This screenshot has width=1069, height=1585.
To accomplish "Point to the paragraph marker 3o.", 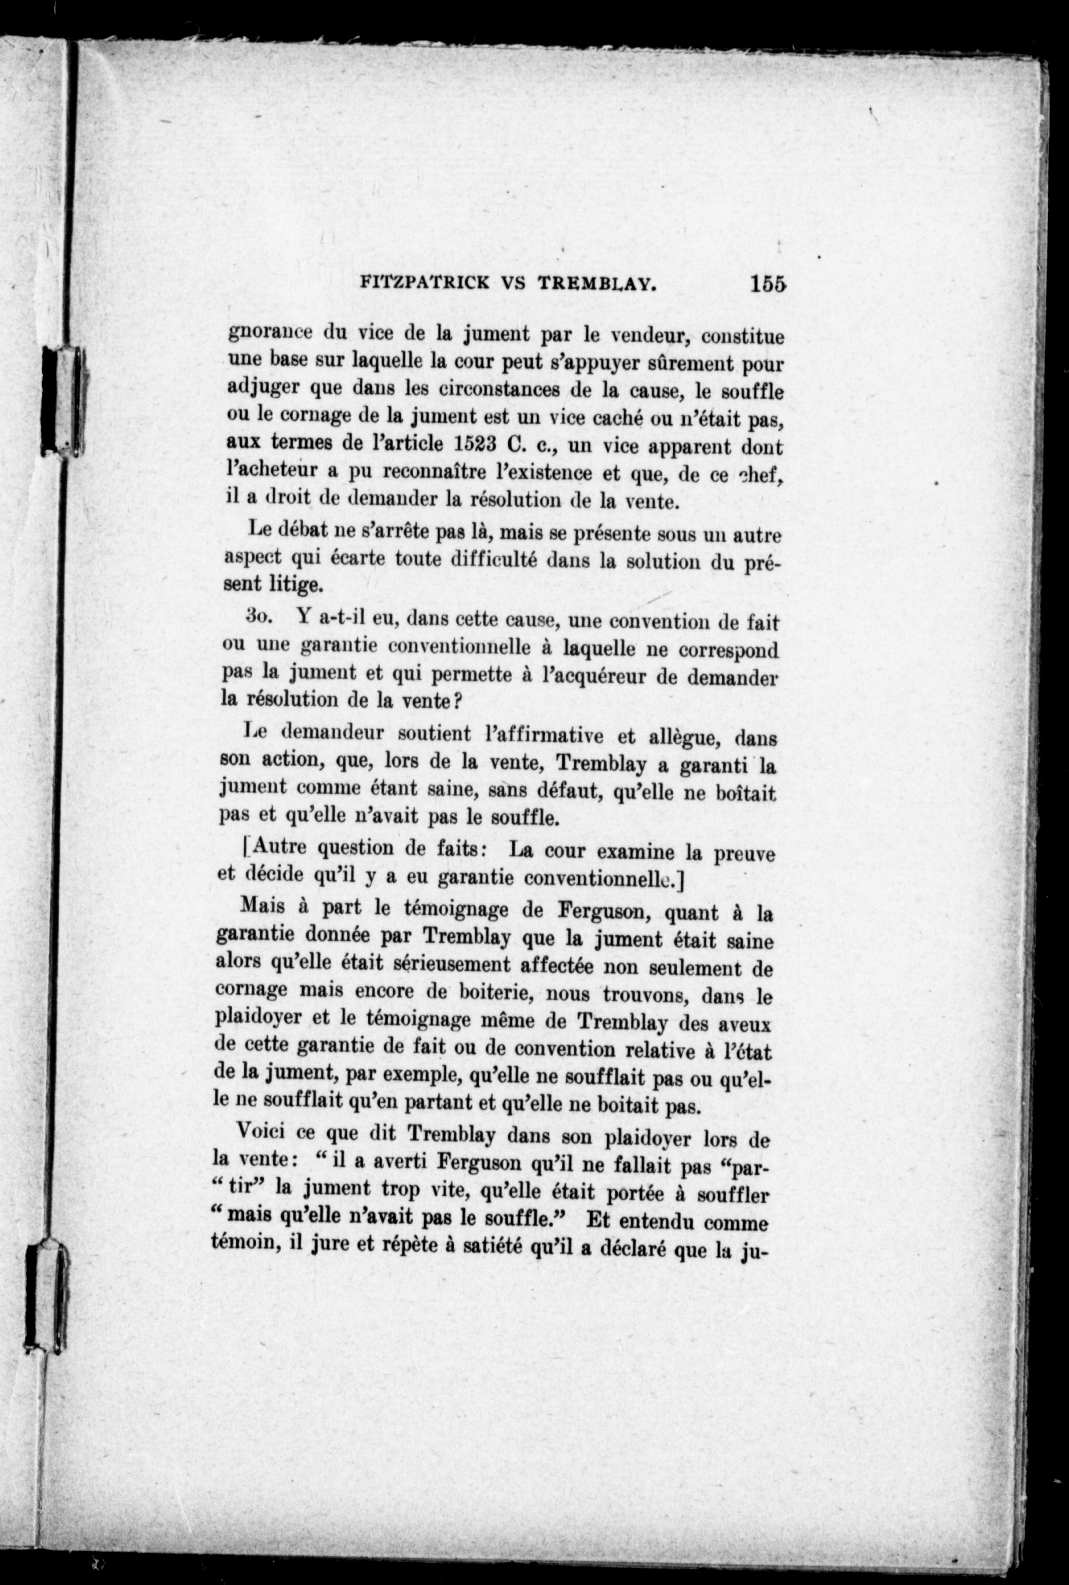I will click(259, 616).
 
